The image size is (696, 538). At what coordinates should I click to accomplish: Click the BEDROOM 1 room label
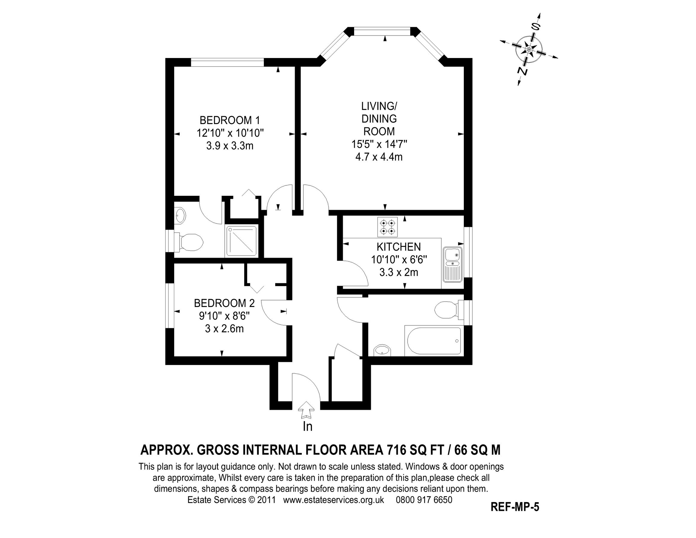(230, 120)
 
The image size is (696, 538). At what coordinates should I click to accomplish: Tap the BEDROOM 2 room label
(224, 303)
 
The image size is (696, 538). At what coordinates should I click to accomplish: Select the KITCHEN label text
(399, 247)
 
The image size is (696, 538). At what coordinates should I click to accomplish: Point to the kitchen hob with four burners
(388, 227)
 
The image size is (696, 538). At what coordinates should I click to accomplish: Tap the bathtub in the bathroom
(432, 341)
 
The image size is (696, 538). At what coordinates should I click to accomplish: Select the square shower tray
(241, 241)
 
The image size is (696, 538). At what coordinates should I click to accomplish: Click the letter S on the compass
(536, 27)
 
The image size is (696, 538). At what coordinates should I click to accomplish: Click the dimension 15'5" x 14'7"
(379, 144)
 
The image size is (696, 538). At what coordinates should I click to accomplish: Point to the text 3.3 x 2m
(399, 273)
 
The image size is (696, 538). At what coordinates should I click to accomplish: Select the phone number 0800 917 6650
(424, 499)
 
